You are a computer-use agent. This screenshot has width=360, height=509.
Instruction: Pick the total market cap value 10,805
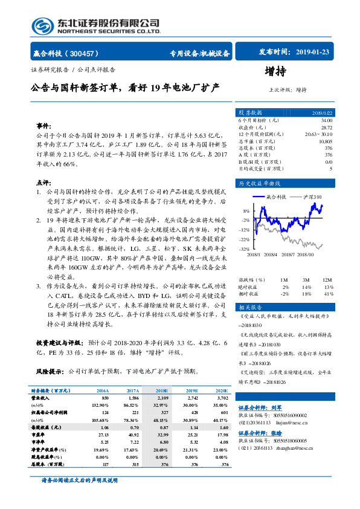[x=325, y=141]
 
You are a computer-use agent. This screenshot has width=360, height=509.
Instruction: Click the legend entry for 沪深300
[x=312, y=196]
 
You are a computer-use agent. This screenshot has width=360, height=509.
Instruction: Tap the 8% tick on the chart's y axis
[x=246, y=211]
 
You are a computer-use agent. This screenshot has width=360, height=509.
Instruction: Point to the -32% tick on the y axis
[x=245, y=249]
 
